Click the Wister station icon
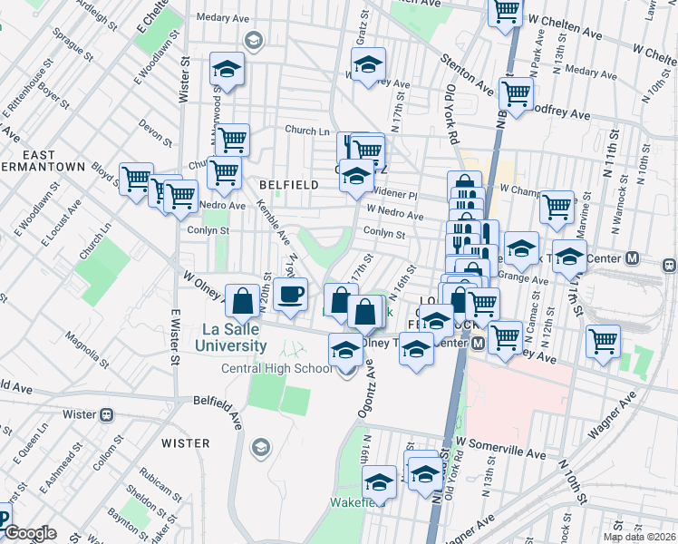[x=106, y=414]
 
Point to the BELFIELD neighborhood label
[x=288, y=185]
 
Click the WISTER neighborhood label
[x=185, y=443]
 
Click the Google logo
[x=29, y=534]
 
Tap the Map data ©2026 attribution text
[x=640, y=537]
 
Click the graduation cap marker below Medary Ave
[x=228, y=69]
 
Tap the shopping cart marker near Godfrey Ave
[x=516, y=92]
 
